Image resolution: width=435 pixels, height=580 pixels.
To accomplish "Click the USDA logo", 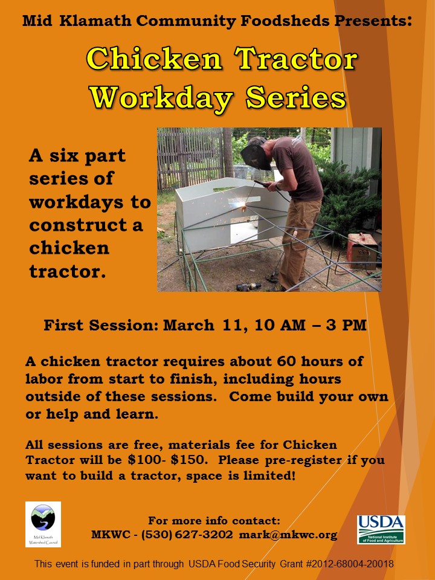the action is pos(381,529).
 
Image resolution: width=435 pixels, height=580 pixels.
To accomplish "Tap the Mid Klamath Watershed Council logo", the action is pos(43,524).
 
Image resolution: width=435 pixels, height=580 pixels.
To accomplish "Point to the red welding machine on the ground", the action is pos(362,251).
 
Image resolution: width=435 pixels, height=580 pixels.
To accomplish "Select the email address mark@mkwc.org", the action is pos(288,535).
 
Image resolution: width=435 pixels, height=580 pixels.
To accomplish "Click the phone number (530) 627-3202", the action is pos(187,535).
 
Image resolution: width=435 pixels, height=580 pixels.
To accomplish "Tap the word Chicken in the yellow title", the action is pos(154,59).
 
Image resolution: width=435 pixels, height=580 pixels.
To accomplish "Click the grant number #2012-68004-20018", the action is pos(350,564).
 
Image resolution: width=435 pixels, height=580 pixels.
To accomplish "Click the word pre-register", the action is pos(303,460).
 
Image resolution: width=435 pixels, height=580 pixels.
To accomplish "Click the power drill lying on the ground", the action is pos(248,286).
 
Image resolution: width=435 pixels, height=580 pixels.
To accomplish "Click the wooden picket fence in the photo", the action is pos(190,159).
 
